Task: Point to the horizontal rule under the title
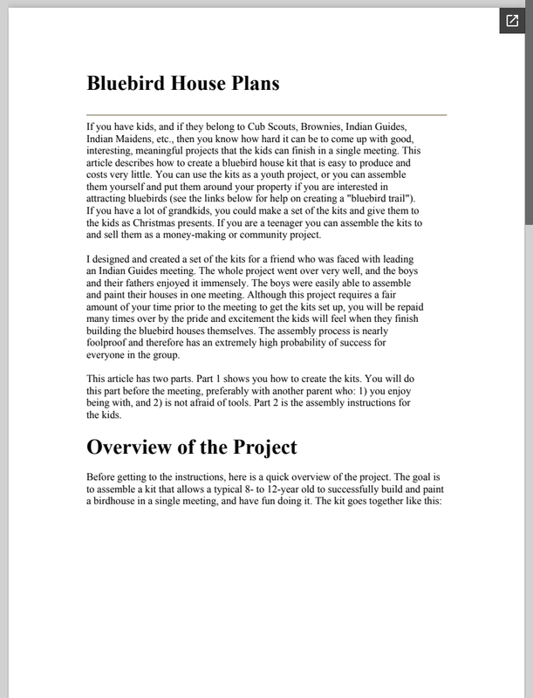tap(266, 114)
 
